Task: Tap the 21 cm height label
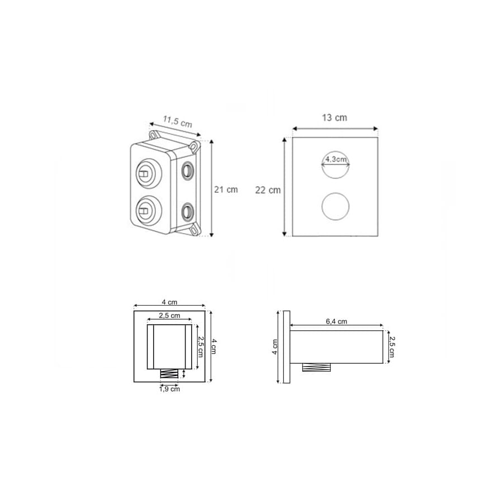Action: pyautogui.click(x=226, y=189)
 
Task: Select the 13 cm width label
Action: pyautogui.click(x=334, y=118)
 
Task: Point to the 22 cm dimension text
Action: pyautogui.click(x=268, y=190)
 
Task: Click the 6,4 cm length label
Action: pyautogui.click(x=336, y=321)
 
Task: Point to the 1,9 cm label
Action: pyautogui.click(x=169, y=389)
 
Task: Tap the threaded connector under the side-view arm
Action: pyautogui.click(x=317, y=367)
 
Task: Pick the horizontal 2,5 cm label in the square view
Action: pyautogui.click(x=169, y=315)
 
